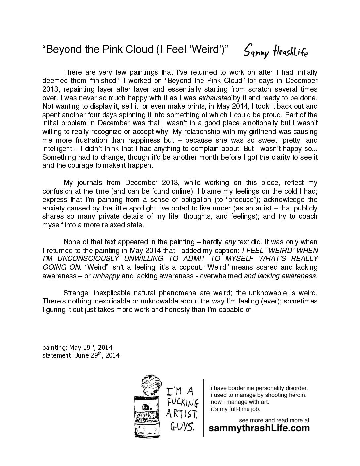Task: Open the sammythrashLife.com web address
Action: point(260,428)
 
